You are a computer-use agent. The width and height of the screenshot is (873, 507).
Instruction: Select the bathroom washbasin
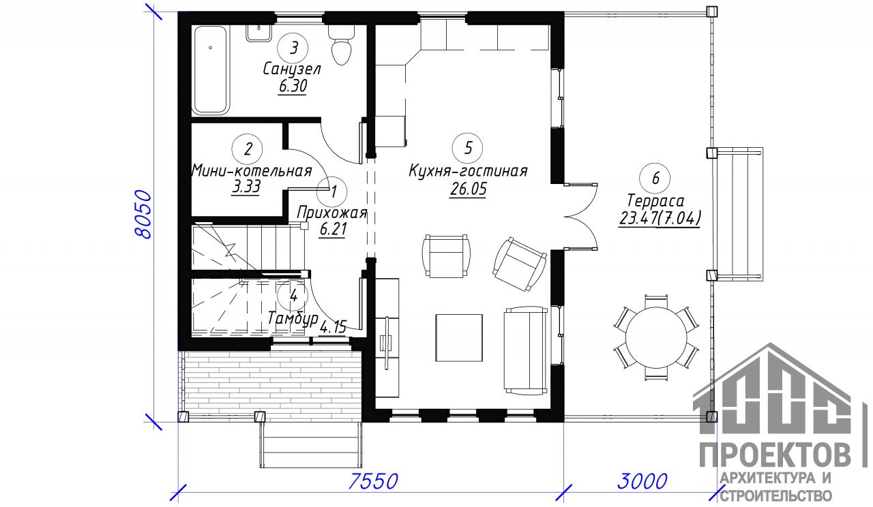(x=258, y=33)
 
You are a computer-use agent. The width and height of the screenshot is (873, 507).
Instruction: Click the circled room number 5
(x=468, y=148)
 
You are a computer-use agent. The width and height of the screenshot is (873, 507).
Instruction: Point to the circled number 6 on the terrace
(x=655, y=179)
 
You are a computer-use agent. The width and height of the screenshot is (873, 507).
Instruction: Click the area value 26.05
(x=468, y=189)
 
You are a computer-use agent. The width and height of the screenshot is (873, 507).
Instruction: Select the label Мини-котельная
(x=252, y=171)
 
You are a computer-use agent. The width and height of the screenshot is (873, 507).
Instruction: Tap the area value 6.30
(x=293, y=86)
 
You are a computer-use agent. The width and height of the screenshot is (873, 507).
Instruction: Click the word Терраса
(x=655, y=201)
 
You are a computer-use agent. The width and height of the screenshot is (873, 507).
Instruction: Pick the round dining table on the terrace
(x=656, y=337)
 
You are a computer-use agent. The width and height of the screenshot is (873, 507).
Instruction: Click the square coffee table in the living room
(x=459, y=338)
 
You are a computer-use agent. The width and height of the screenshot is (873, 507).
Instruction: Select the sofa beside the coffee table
(x=526, y=350)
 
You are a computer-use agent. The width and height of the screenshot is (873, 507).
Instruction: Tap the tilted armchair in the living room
(x=519, y=264)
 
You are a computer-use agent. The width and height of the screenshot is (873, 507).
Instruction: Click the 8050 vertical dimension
(x=143, y=215)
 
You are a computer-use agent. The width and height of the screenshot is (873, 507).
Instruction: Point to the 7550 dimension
(x=373, y=481)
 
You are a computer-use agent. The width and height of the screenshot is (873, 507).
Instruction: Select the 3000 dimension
(x=642, y=481)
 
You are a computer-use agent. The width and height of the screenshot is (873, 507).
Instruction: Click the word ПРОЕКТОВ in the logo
(x=775, y=455)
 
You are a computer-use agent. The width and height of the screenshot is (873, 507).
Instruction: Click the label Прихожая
(x=332, y=213)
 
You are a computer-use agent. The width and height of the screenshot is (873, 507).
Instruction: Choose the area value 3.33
(x=246, y=187)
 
